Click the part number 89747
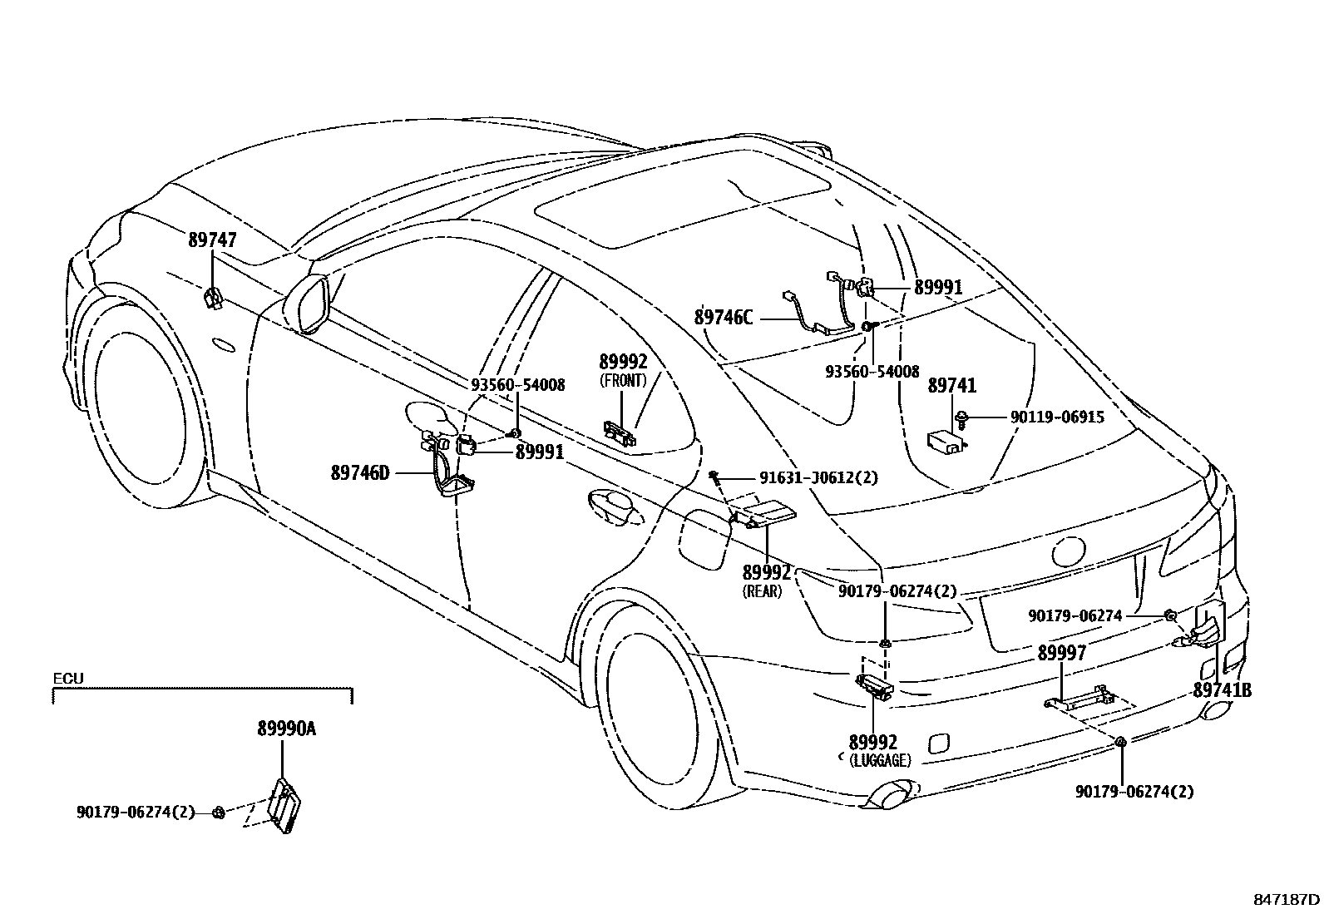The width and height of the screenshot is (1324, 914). [212, 240]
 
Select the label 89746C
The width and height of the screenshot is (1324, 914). [723, 317]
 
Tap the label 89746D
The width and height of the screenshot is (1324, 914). [359, 473]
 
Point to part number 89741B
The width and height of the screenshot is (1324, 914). [1222, 690]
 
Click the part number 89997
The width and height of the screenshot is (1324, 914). [1061, 654]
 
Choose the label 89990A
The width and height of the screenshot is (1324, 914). [286, 729]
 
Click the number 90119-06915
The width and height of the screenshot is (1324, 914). [1057, 417]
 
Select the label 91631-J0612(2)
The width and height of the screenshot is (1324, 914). [818, 477]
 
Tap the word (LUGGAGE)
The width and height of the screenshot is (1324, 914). [881, 760]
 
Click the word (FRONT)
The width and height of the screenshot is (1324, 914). [623, 381]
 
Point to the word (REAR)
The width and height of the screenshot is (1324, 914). [762, 592]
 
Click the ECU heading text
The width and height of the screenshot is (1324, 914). [68, 679]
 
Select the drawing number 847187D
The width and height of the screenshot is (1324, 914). [1287, 899]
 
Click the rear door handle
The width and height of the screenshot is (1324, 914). [614, 509]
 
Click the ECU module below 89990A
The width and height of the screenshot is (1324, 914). [284, 803]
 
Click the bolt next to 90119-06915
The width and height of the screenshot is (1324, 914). [962, 418]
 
